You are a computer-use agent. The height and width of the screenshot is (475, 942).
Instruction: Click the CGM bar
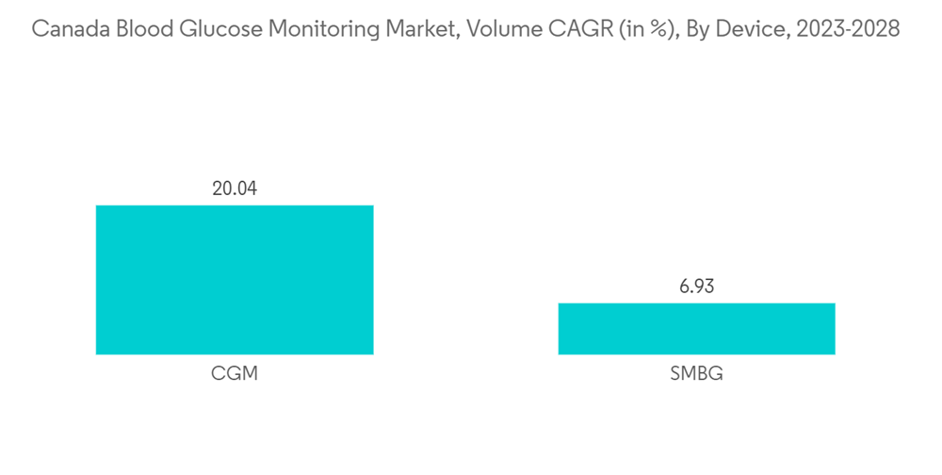click(235, 280)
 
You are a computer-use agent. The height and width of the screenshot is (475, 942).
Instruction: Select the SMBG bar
click(696, 329)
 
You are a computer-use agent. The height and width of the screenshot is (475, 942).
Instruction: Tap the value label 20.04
click(235, 188)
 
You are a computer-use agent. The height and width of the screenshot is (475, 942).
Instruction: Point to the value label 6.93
click(696, 287)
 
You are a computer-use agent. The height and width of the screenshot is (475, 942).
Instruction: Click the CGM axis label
click(235, 374)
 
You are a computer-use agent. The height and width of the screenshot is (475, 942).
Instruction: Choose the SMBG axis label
click(696, 374)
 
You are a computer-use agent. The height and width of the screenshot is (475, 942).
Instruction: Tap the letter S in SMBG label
click(675, 374)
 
